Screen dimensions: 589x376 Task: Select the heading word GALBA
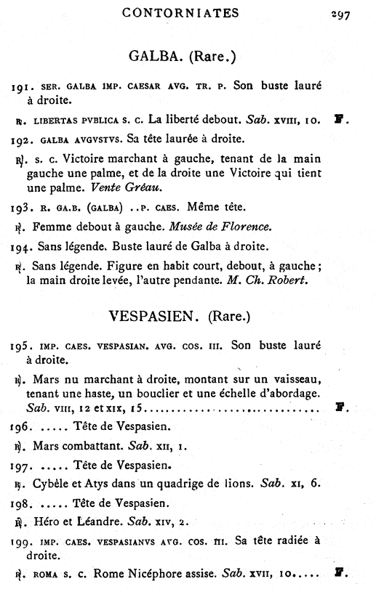click(x=153, y=55)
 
